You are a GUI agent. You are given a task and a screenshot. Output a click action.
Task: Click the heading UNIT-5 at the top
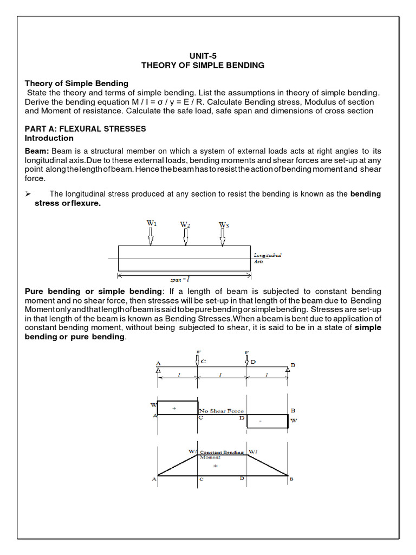tap(203, 55)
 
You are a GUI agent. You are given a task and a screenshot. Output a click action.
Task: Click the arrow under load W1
tap(151, 236)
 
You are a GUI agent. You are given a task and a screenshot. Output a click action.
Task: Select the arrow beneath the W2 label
tap(185, 237)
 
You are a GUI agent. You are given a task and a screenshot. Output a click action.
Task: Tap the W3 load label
tap(224, 224)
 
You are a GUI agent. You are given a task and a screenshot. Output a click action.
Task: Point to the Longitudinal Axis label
tap(268, 258)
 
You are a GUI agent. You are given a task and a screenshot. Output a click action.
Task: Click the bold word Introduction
tap(49, 138)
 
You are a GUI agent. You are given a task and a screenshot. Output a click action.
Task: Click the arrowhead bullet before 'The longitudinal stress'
tap(30, 194)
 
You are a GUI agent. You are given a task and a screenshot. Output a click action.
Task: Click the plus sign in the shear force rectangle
tap(174, 408)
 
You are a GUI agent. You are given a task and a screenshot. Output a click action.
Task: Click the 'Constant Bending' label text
tap(222, 451)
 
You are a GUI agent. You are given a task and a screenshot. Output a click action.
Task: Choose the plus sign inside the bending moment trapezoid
tap(215, 466)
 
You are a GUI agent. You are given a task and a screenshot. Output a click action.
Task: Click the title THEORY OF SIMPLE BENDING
tap(203, 65)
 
